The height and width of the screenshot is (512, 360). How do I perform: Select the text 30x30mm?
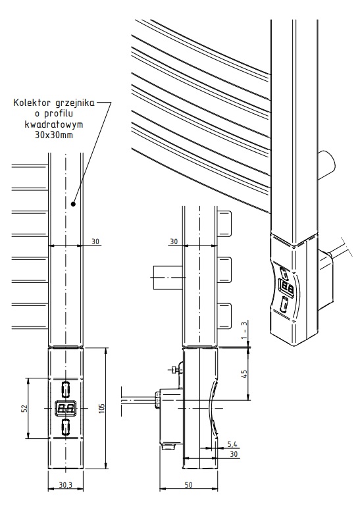[x=54, y=134]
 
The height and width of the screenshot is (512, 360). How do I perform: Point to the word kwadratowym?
[x=54, y=124]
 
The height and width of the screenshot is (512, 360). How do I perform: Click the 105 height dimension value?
[x=102, y=408]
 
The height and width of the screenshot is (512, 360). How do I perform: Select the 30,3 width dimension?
[x=66, y=485]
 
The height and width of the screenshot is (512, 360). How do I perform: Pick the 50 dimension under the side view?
[x=188, y=485]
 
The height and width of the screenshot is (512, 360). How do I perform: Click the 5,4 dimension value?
[x=232, y=444]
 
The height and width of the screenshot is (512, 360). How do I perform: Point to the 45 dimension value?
[x=244, y=374]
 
